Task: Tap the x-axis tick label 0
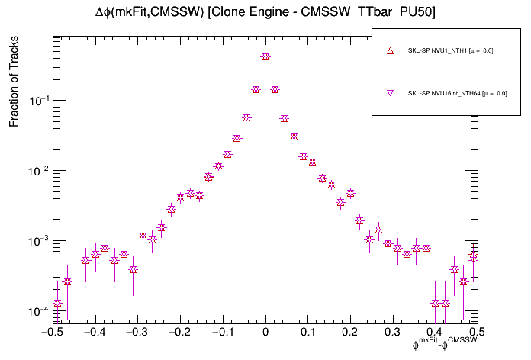coord(265,333)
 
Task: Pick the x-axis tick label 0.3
coord(393,333)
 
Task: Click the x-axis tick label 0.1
coord(308,333)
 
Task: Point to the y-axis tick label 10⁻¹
coord(37,101)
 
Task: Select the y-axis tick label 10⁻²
coord(37,171)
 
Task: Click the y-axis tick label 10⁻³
coord(37,241)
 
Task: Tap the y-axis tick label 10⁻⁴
coord(37,311)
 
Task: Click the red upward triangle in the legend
coord(390,50)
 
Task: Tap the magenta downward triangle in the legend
coord(390,93)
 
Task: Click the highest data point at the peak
coord(265,56)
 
